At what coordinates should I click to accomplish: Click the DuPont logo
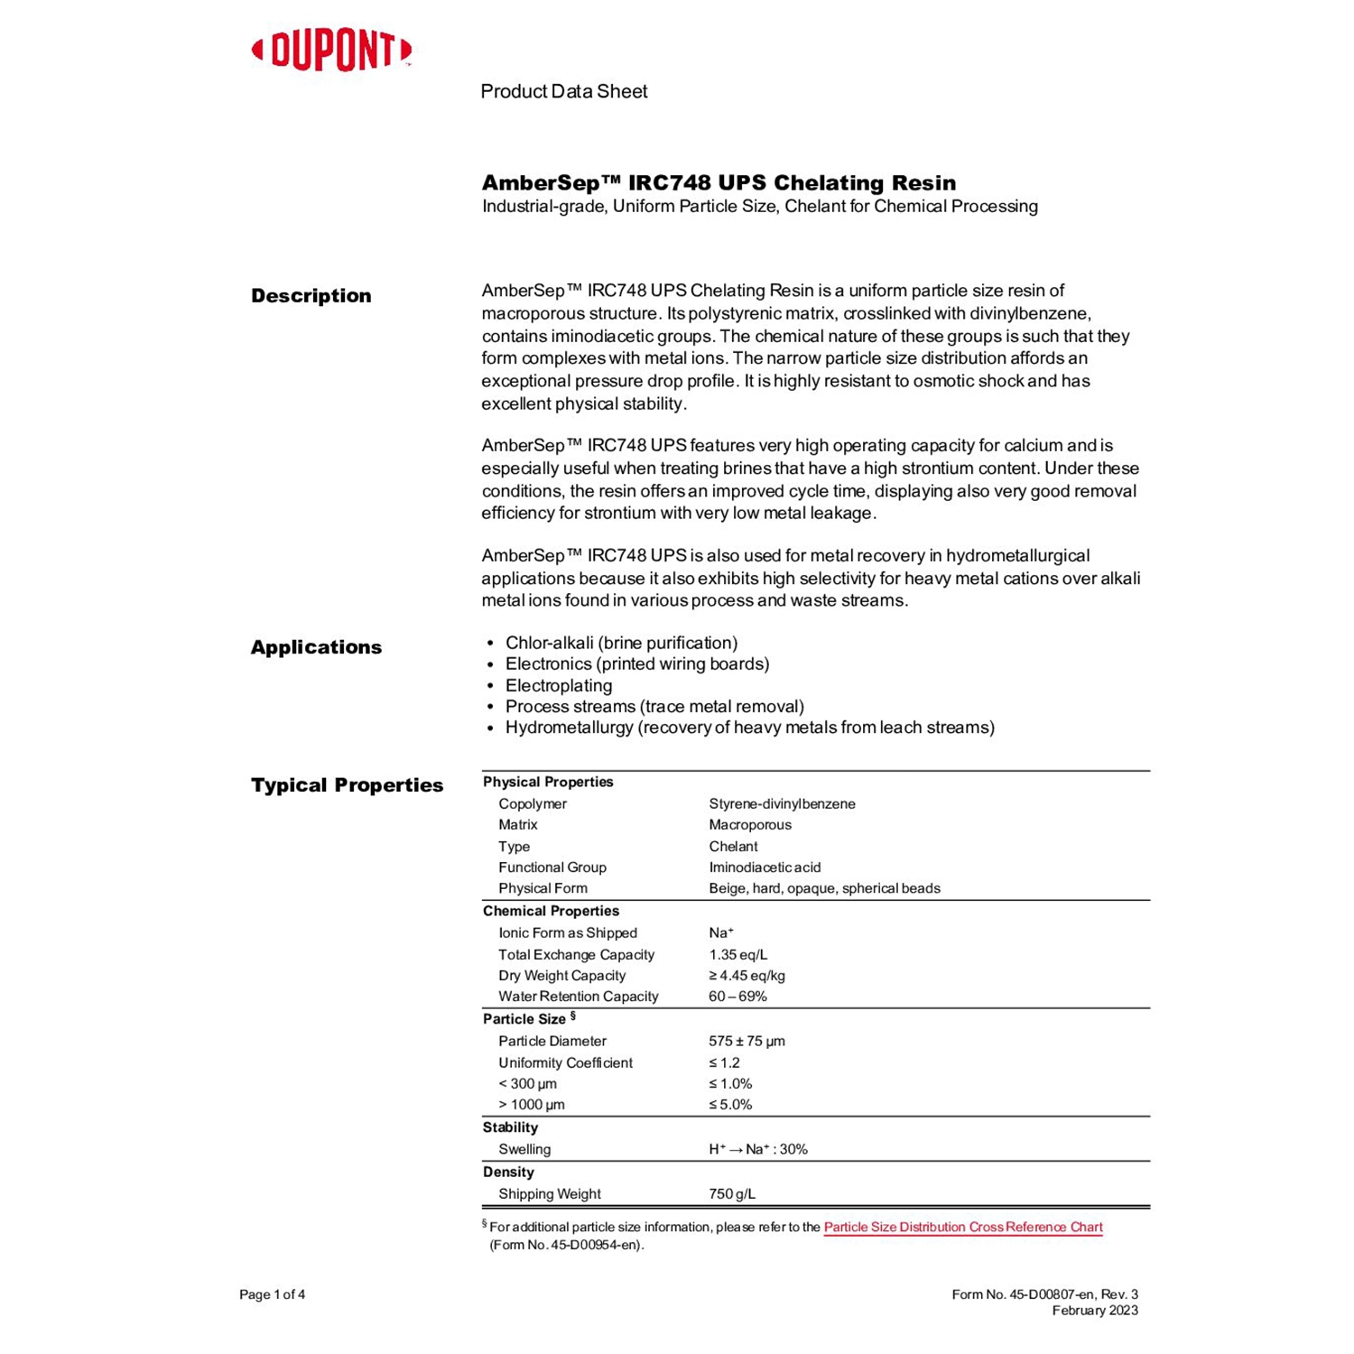tap(331, 51)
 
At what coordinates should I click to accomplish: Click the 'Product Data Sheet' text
tap(563, 91)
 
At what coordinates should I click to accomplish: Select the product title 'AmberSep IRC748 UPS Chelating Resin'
tap(719, 183)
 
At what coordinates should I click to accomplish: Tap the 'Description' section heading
tap(311, 296)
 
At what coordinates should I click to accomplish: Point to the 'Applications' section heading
tap(316, 647)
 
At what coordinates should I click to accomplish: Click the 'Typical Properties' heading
tap(347, 785)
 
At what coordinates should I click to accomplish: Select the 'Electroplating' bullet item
tap(558, 685)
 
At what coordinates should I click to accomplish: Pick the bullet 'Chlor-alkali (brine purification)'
tap(621, 643)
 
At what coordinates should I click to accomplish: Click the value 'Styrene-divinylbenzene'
tap(782, 803)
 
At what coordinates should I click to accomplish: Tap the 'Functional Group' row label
tap(552, 867)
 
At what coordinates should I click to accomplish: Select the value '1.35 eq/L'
tap(737, 954)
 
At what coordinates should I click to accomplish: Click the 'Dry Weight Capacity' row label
tap(561, 976)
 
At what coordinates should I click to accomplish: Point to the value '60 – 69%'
tap(737, 997)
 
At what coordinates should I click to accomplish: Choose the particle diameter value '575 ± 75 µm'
tap(747, 1041)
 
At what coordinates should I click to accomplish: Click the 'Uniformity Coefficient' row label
tap(565, 1062)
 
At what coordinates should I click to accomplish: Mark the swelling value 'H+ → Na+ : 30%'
tap(757, 1149)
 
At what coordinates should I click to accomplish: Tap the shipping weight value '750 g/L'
tap(731, 1193)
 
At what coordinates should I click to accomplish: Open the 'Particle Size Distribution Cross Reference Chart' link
tap(962, 1227)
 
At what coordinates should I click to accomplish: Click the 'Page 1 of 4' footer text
tap(272, 1294)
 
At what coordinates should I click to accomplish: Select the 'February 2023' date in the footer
tap(1094, 1311)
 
